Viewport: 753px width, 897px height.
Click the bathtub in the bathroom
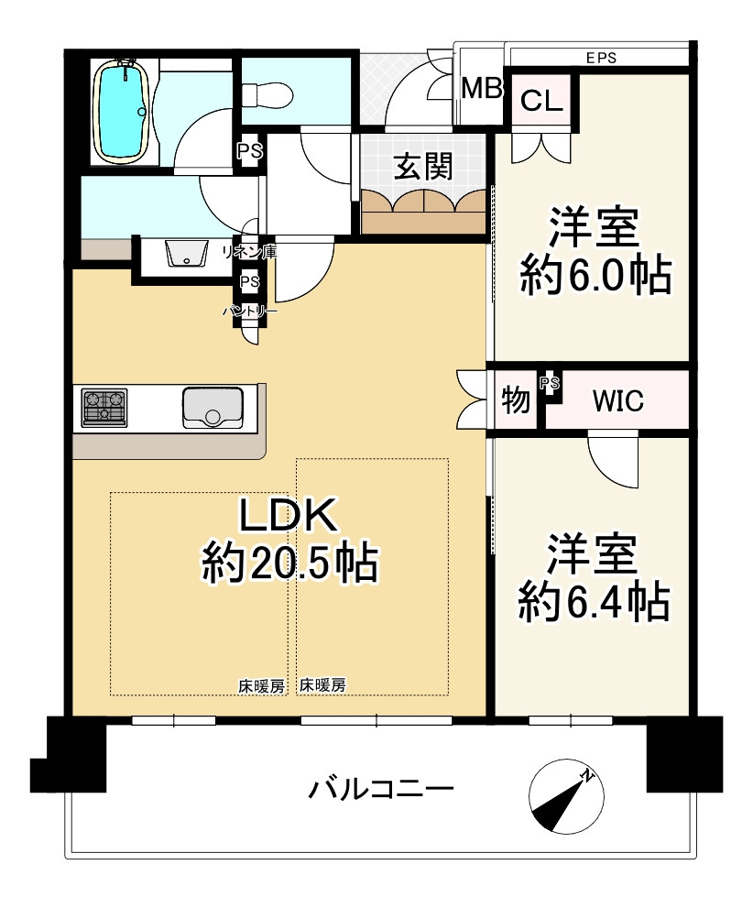click(x=123, y=112)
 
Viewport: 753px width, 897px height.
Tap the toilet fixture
click(x=267, y=94)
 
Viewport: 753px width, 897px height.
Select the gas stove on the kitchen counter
click(x=104, y=408)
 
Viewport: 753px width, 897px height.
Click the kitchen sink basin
click(x=213, y=408)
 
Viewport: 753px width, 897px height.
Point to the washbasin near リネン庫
click(x=186, y=254)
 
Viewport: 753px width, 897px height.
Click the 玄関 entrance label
click(x=423, y=167)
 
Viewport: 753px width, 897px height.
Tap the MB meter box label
click(x=482, y=89)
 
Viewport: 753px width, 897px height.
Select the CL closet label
click(x=541, y=102)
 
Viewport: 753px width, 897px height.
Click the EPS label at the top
click(x=602, y=57)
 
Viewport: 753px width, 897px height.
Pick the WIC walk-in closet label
click(x=618, y=401)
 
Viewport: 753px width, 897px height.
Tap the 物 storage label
click(x=516, y=399)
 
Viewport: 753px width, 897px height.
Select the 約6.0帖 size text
click(x=595, y=276)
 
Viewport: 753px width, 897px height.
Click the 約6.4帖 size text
click(x=594, y=602)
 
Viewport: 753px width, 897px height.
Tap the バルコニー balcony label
click(x=381, y=789)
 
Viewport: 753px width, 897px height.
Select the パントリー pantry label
click(x=250, y=312)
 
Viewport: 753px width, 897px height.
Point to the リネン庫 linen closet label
click(x=249, y=251)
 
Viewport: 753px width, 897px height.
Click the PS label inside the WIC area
click(x=550, y=383)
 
